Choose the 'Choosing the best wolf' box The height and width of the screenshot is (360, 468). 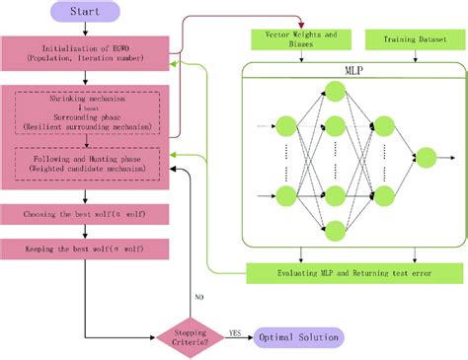pos(83,214)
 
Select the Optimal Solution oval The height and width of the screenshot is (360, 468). pos(298,337)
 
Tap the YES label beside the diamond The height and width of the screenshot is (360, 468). pos(235,331)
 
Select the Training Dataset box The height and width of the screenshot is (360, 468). pos(406,39)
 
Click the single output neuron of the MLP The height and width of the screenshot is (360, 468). pos(426,156)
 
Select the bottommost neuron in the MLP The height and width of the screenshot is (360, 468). pos(334,232)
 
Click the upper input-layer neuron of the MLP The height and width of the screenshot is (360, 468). pos(287,126)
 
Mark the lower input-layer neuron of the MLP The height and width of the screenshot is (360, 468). pos(287,195)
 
